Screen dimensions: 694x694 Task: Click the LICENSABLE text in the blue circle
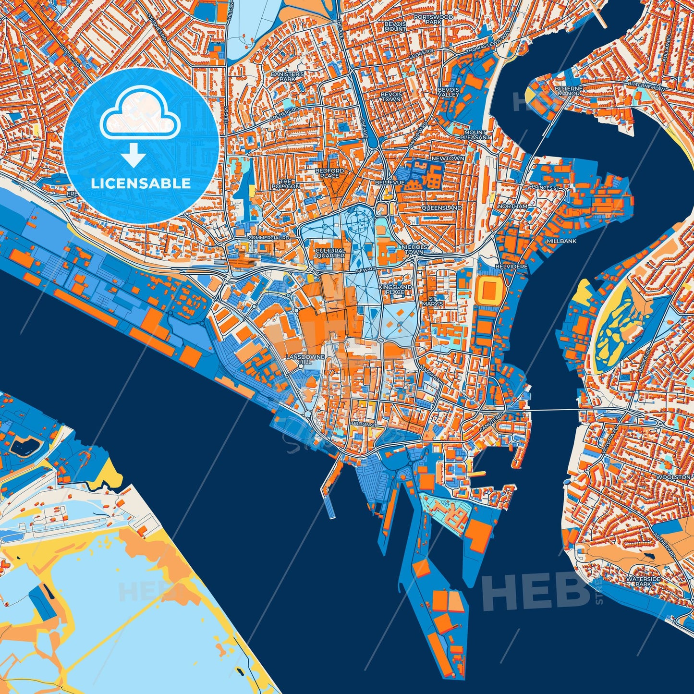(x=141, y=183)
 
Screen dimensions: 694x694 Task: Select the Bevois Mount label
(x=395, y=26)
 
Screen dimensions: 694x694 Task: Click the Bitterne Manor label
(x=568, y=91)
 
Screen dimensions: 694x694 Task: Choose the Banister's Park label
(x=287, y=76)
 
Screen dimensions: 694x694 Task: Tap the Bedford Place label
(x=329, y=173)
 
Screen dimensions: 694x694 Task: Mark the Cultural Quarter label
(x=330, y=253)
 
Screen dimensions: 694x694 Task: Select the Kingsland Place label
(x=395, y=289)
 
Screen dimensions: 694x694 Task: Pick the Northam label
(x=512, y=206)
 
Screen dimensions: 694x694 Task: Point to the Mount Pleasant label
(x=475, y=134)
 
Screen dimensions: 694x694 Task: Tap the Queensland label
(x=441, y=208)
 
